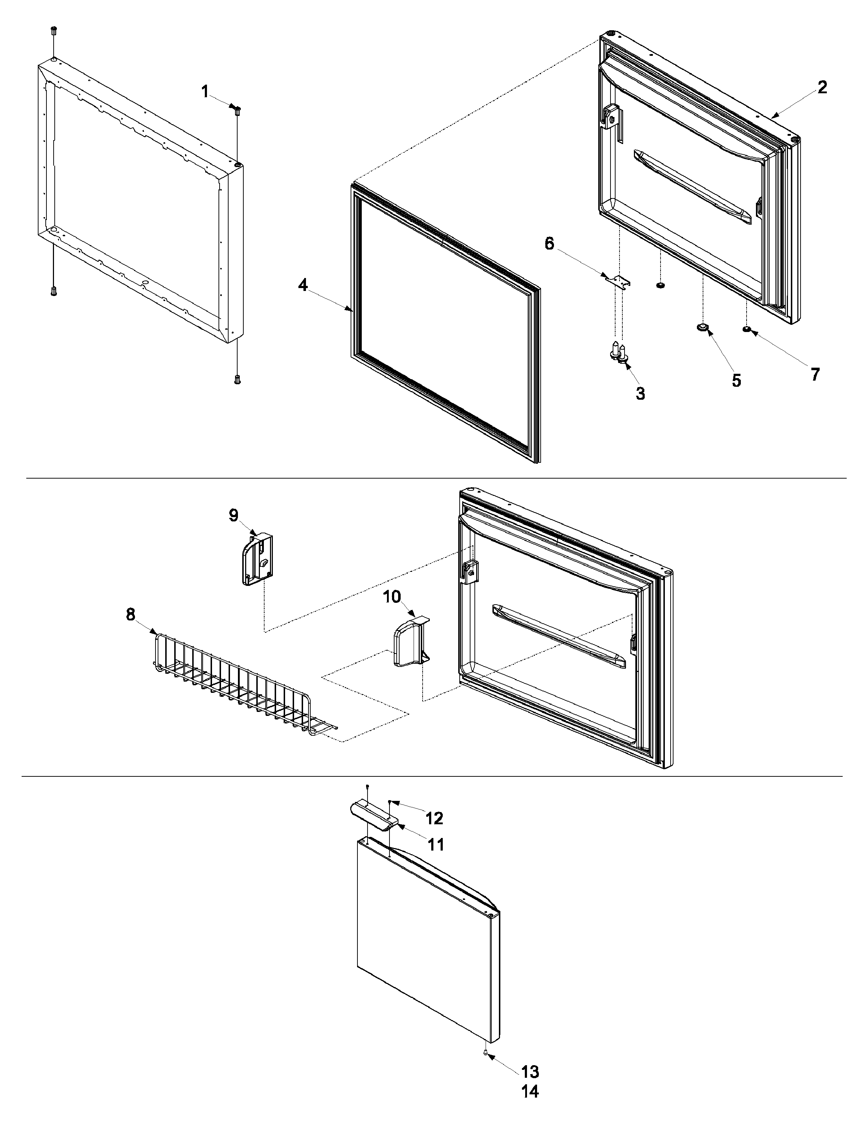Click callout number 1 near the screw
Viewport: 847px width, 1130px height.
click(205, 93)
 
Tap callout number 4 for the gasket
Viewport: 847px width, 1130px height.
click(303, 286)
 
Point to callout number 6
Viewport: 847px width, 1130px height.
click(549, 244)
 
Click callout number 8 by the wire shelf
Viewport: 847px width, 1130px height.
click(131, 615)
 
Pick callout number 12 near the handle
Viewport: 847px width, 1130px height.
click(434, 818)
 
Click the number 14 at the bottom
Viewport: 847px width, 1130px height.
click(530, 1102)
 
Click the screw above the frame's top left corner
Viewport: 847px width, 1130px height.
click(54, 30)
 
